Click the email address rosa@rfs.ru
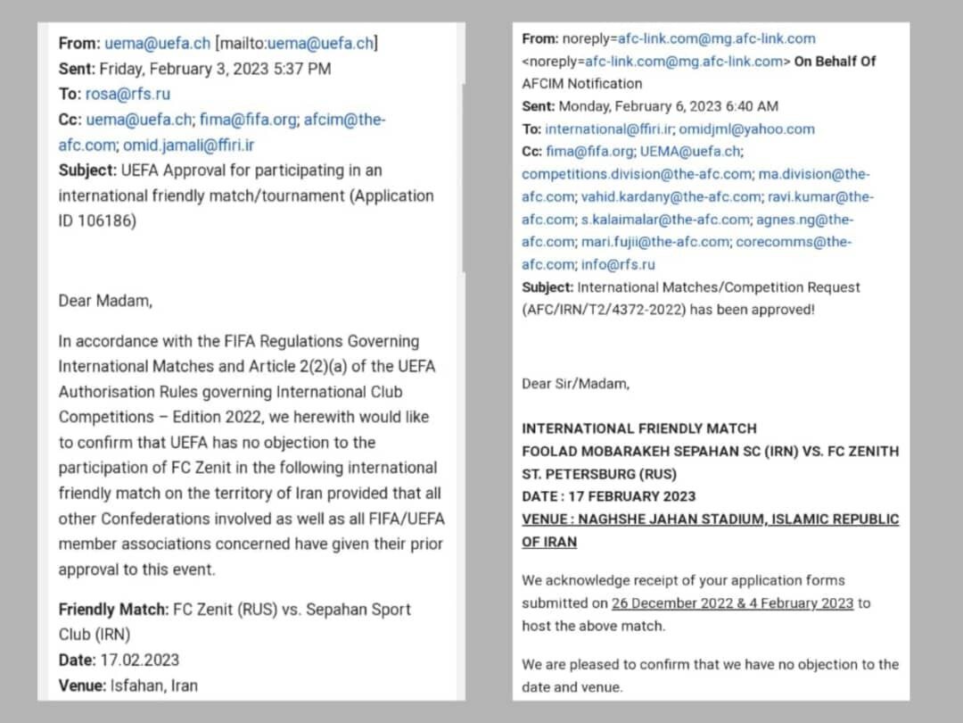tap(128, 94)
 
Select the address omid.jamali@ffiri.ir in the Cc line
tap(188, 145)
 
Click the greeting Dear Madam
tap(104, 301)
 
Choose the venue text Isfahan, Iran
tap(153, 686)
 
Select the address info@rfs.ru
tap(619, 265)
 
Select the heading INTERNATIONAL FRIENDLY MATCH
tap(638, 428)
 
